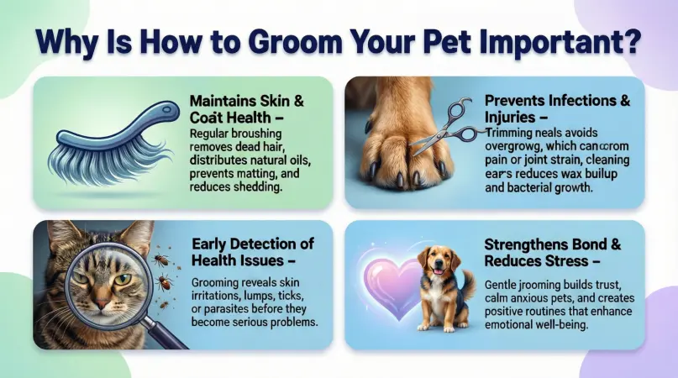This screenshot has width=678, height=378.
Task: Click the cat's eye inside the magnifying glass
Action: (x=122, y=279)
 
